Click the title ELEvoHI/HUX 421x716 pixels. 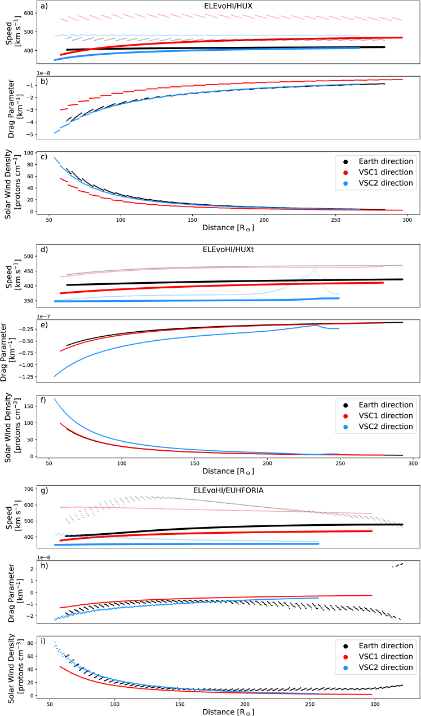coord(224,6)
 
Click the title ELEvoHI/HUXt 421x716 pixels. coord(224,249)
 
